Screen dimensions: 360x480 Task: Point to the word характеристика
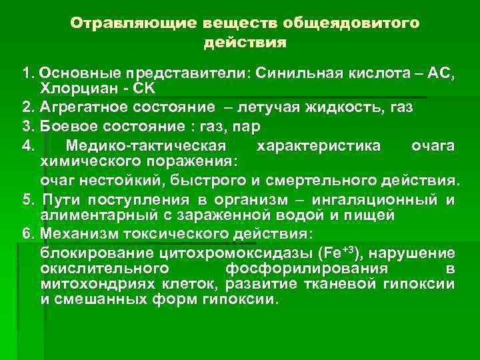pyautogui.click(x=309, y=145)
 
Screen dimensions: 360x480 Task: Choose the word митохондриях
pyautogui.click(x=86, y=284)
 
